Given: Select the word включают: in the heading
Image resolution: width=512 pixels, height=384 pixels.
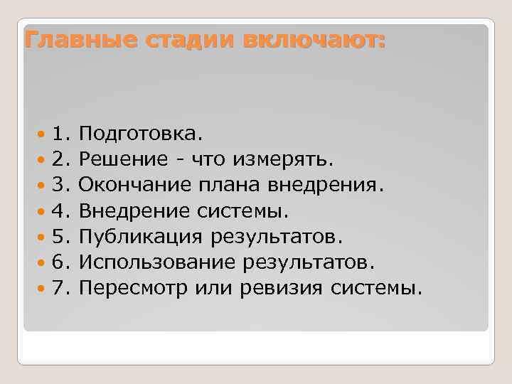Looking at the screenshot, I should coord(313,40).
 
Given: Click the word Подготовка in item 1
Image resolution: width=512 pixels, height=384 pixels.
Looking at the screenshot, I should coord(140,134).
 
